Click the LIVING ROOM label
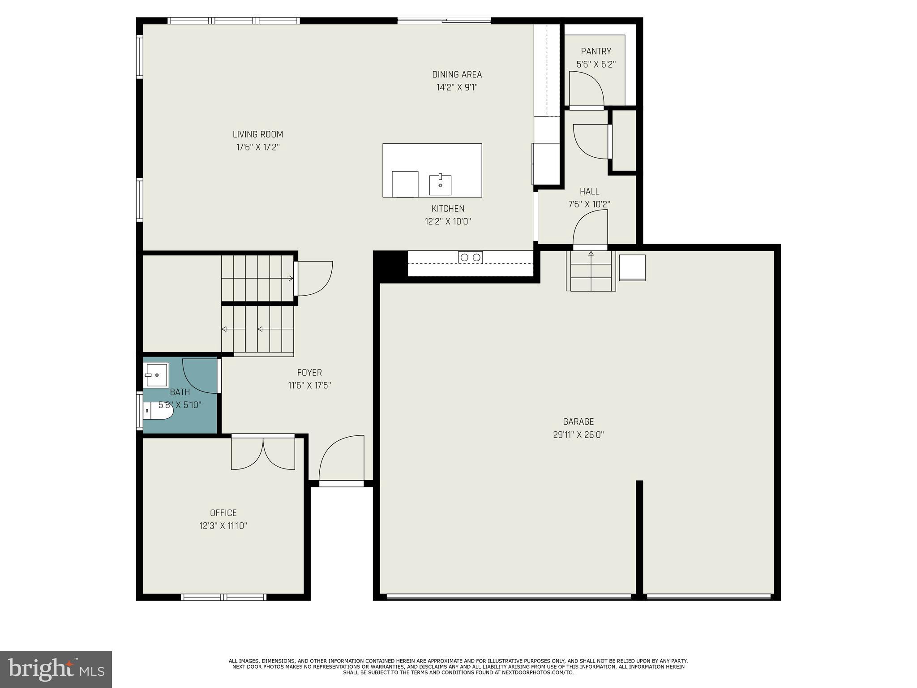point(258,134)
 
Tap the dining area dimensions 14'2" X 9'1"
point(457,87)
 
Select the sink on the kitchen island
point(440,185)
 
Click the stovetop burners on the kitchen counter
point(470,257)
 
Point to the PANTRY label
point(596,52)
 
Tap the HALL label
point(589,192)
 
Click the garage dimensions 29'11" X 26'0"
point(578,434)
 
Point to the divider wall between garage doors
point(639,537)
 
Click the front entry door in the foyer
point(341,461)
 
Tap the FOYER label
point(309,373)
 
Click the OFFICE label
point(223,513)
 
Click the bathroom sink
point(156,374)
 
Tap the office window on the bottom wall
point(223,597)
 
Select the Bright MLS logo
point(56,669)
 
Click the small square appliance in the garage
point(632,267)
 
